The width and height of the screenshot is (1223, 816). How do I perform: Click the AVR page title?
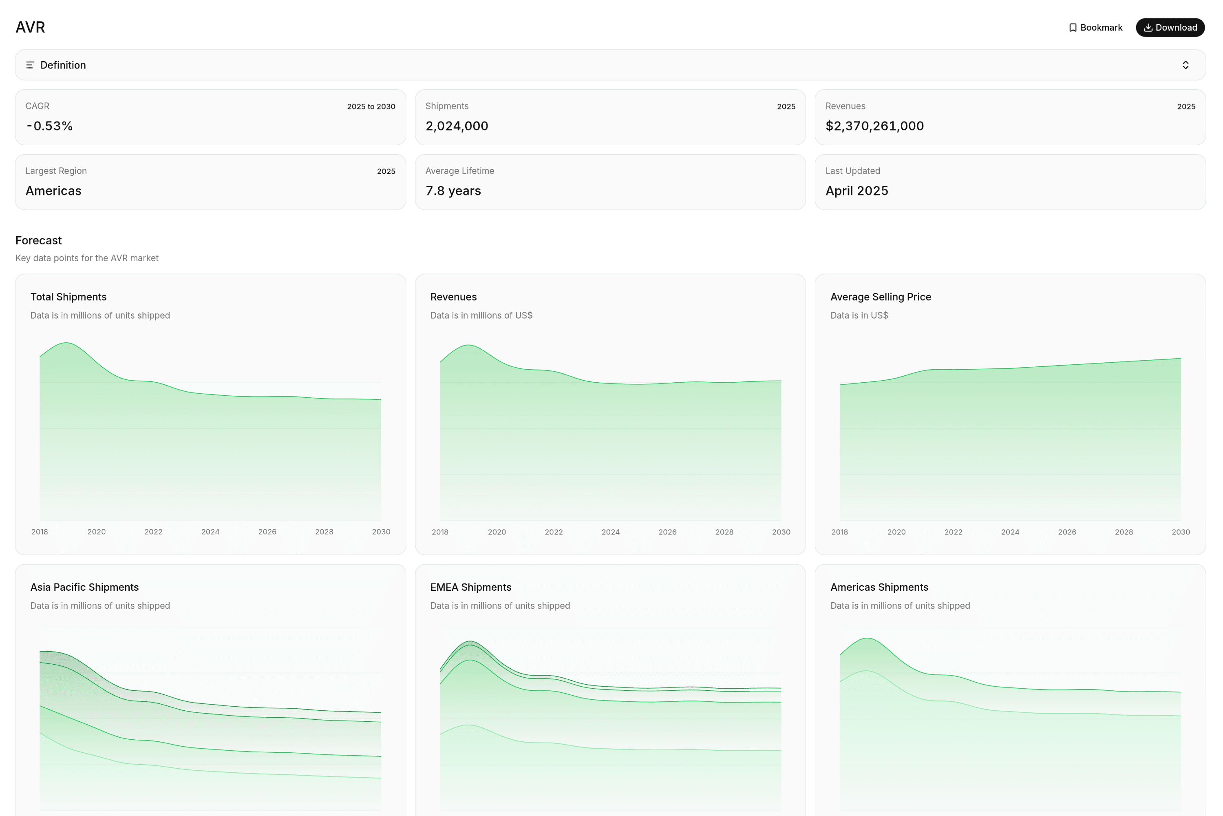point(30,27)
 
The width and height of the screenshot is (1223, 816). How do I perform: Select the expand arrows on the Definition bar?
point(1185,65)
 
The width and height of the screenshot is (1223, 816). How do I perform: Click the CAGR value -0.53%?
point(49,126)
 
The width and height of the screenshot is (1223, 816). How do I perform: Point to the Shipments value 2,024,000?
point(457,126)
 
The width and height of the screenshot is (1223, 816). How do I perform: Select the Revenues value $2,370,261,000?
point(874,126)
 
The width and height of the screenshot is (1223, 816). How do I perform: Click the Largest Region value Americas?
point(53,191)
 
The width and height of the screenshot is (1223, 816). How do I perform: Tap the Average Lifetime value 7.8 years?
point(453,191)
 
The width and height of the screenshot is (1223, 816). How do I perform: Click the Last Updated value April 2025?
point(857,191)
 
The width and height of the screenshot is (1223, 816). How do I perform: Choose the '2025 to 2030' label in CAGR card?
point(371,106)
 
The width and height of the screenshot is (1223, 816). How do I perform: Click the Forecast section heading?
point(38,240)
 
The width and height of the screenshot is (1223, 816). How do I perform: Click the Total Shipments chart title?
point(68,297)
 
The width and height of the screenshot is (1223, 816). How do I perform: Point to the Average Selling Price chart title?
point(880,297)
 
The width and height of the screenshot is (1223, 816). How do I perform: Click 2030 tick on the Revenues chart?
point(781,532)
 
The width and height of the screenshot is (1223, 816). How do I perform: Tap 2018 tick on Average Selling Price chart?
point(839,532)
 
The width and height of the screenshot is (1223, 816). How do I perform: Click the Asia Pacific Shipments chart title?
point(84,587)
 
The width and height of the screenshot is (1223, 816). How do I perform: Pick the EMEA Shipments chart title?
point(470,587)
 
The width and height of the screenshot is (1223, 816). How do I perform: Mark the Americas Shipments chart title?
point(879,587)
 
